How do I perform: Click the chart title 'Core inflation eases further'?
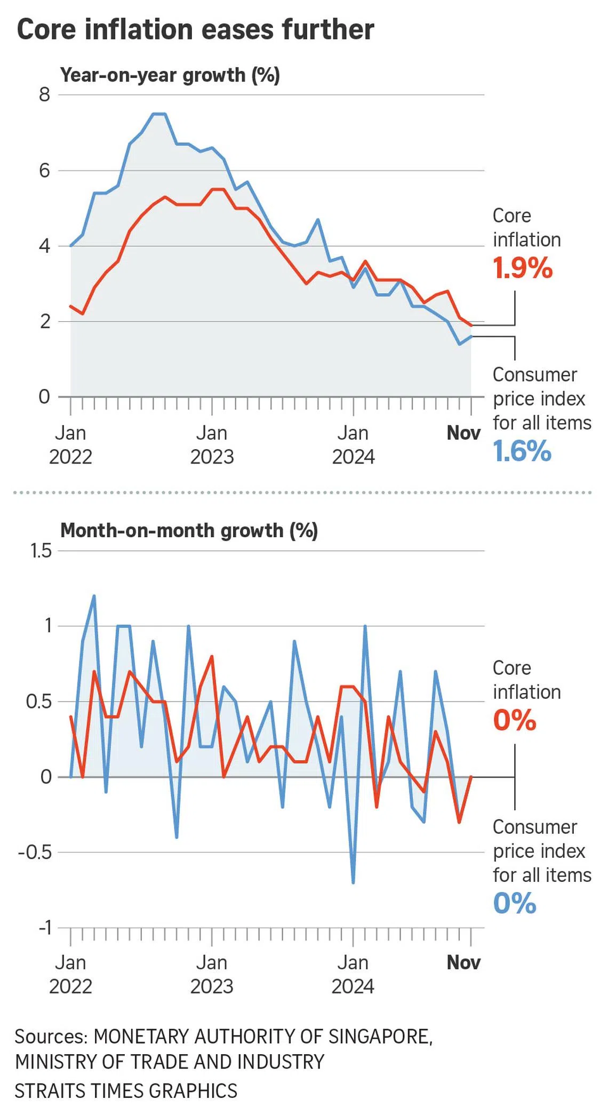tap(195, 29)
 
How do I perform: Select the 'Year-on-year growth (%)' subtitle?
tap(170, 75)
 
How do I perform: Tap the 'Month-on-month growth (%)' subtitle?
tap(189, 530)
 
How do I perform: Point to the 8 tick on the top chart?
tap(44, 95)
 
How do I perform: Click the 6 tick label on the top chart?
tap(44, 171)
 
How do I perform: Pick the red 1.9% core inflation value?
tap(522, 268)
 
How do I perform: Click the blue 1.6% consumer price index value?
tap(522, 451)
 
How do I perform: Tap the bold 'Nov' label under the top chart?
tap(463, 433)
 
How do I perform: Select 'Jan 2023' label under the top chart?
tap(212, 445)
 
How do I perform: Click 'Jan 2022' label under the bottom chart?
tap(70, 975)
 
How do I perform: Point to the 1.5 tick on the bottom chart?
tap(41, 551)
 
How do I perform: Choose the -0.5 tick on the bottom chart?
tap(35, 853)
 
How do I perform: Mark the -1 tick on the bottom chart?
tap(45, 928)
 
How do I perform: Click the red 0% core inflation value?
tap(514, 720)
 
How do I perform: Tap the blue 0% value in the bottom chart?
tap(514, 903)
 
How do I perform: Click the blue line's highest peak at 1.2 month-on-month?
tap(94, 596)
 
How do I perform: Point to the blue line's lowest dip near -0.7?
tap(353, 882)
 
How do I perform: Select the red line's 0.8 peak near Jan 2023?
tap(212, 657)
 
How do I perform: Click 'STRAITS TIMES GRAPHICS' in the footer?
tap(126, 1090)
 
